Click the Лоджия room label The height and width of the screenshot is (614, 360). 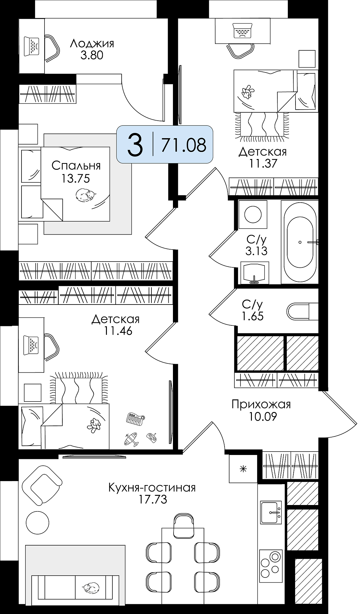(x=92, y=44)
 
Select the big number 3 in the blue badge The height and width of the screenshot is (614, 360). (x=135, y=145)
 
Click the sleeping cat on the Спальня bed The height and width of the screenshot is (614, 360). (x=86, y=195)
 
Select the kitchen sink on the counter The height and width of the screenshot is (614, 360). (x=271, y=512)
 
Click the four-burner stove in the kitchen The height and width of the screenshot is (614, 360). (x=271, y=566)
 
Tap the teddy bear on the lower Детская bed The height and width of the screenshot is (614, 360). (x=94, y=426)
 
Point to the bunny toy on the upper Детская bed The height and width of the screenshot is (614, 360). (x=248, y=91)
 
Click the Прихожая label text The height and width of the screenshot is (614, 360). (x=261, y=404)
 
